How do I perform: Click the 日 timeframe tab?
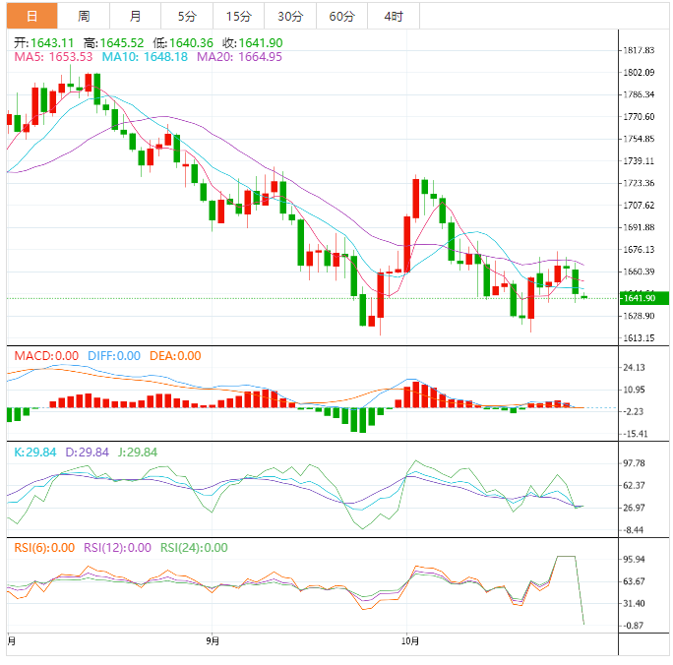[32, 16]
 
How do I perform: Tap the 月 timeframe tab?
[135, 16]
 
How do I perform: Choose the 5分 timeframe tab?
[186, 16]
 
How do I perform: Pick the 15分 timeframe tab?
[237, 16]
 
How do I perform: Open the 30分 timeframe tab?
[290, 16]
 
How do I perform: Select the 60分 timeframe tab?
[341, 16]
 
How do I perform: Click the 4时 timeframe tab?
[393, 16]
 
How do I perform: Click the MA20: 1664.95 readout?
[239, 57]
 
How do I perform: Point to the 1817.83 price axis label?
[640, 50]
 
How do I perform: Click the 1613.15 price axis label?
[640, 338]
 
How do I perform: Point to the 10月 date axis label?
[410, 641]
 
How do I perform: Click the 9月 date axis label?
[213, 641]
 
